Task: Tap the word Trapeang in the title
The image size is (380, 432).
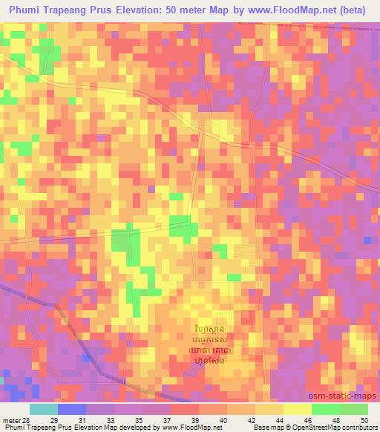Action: [76, 11]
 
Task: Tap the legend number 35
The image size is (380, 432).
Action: [157, 420]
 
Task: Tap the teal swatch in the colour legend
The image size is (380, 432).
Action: [43, 409]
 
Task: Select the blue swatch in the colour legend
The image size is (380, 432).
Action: [71, 409]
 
